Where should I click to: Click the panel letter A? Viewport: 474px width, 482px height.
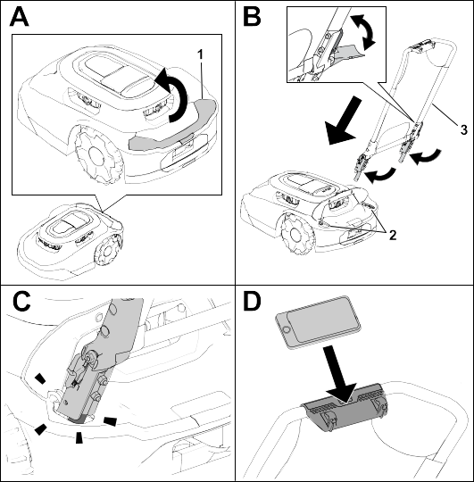pos(19,17)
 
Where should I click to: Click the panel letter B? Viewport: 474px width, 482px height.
pos(252,17)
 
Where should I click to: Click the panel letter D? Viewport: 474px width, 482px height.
pos(252,301)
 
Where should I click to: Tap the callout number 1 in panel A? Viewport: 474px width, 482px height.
pos(200,54)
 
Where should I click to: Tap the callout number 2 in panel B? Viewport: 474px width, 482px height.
pos(393,236)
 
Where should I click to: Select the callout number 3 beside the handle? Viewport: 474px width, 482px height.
pos(464,129)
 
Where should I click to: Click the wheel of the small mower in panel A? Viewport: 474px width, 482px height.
pos(107,252)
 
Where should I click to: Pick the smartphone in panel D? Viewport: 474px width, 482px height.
pos(318,322)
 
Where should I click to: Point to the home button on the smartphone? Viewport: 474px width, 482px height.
pos(287,330)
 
